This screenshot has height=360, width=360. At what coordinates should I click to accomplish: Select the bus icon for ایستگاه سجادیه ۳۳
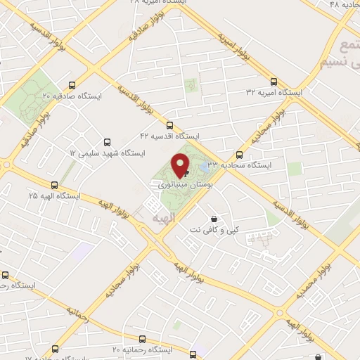(x=240, y=155)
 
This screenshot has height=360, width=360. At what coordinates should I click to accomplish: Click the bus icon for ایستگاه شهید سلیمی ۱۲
(x=107, y=141)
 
